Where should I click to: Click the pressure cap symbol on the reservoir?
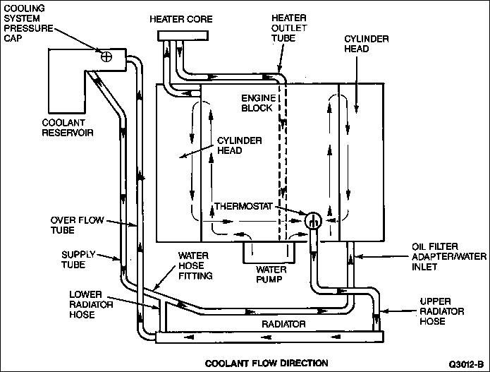[x=108, y=56]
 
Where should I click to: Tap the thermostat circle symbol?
[x=313, y=219]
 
